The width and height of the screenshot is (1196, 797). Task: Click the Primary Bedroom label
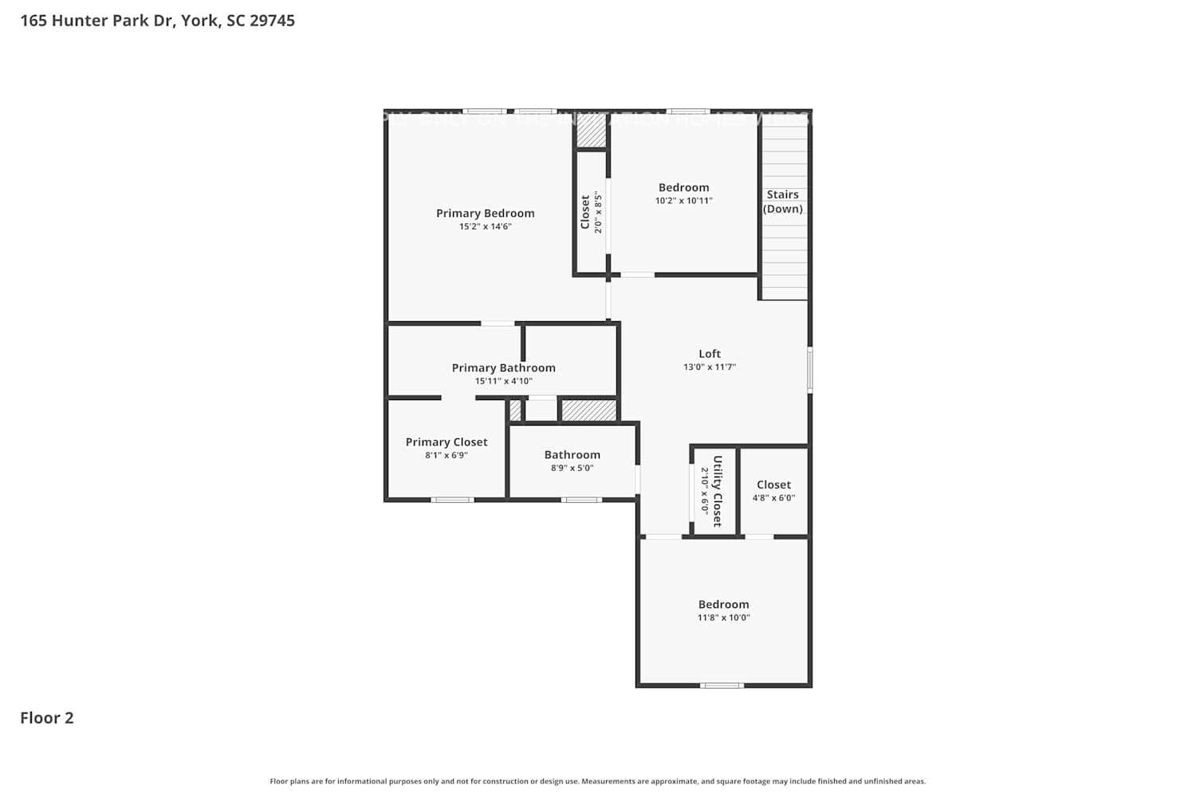(x=485, y=213)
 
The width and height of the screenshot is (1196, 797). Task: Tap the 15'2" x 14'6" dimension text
(x=485, y=226)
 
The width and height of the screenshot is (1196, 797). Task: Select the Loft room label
(x=709, y=354)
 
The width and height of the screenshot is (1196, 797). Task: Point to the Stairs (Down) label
(x=782, y=202)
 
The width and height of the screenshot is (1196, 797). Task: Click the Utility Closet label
(x=717, y=491)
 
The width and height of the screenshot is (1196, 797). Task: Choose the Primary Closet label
(x=447, y=442)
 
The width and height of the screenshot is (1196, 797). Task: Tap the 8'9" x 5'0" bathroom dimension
(x=572, y=468)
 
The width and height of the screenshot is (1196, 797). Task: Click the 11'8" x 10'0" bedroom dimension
(x=723, y=618)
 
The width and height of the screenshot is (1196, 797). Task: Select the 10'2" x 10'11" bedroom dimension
(x=683, y=201)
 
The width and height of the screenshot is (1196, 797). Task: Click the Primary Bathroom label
(x=503, y=367)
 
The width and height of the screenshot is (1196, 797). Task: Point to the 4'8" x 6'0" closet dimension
(x=773, y=498)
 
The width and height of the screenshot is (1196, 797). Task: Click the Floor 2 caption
(x=47, y=717)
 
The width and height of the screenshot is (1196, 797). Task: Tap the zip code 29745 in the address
(x=272, y=21)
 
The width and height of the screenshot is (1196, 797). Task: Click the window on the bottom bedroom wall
(x=722, y=685)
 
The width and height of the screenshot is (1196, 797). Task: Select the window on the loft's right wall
(x=810, y=369)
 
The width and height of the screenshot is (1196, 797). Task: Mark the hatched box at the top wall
(x=591, y=132)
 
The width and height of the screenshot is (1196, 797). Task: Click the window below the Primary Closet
(x=452, y=500)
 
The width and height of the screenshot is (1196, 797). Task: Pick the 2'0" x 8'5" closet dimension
(x=598, y=212)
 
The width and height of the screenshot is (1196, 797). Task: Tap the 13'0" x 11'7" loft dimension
(x=709, y=367)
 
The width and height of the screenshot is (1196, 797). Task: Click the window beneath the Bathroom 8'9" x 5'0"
(x=581, y=500)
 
